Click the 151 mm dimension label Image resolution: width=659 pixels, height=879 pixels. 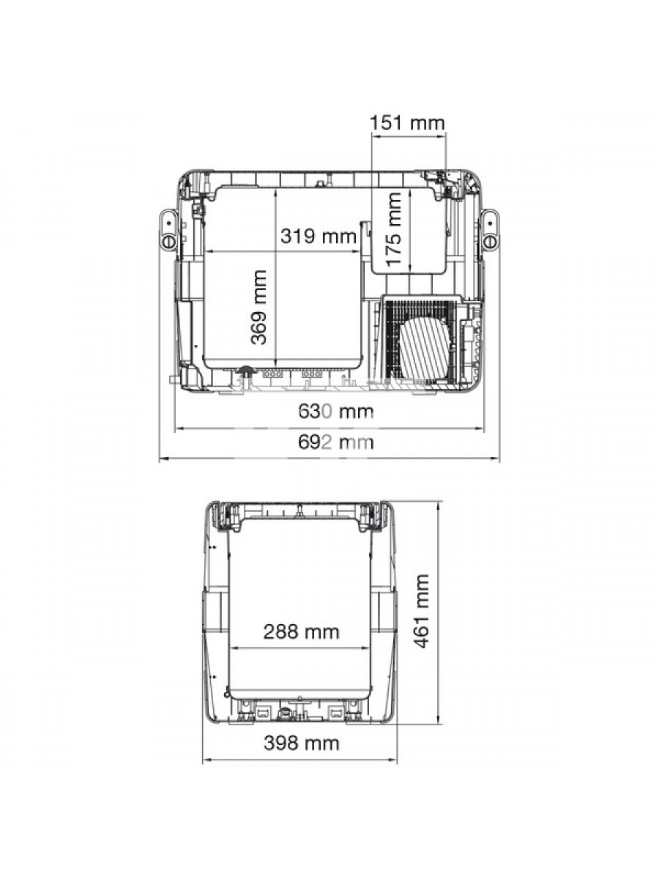coord(407,123)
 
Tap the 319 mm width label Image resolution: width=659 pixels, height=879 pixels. coord(318,236)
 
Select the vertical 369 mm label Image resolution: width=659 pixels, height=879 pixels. coord(258,307)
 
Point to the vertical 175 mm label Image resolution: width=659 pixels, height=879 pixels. coord(394,229)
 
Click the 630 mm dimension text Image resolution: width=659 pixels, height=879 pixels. coord(335,411)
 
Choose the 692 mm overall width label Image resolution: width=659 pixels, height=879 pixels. coord(335,442)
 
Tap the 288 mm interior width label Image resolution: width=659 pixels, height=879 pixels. coord(301,632)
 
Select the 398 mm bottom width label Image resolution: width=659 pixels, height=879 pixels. coord(301,743)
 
